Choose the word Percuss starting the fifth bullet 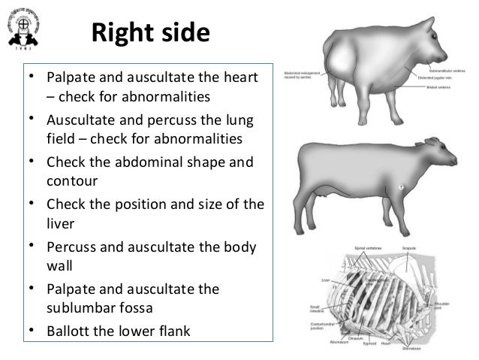[x=74, y=247]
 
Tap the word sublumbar [x=80, y=307]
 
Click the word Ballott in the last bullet [x=69, y=331]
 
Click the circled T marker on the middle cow [x=401, y=186]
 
